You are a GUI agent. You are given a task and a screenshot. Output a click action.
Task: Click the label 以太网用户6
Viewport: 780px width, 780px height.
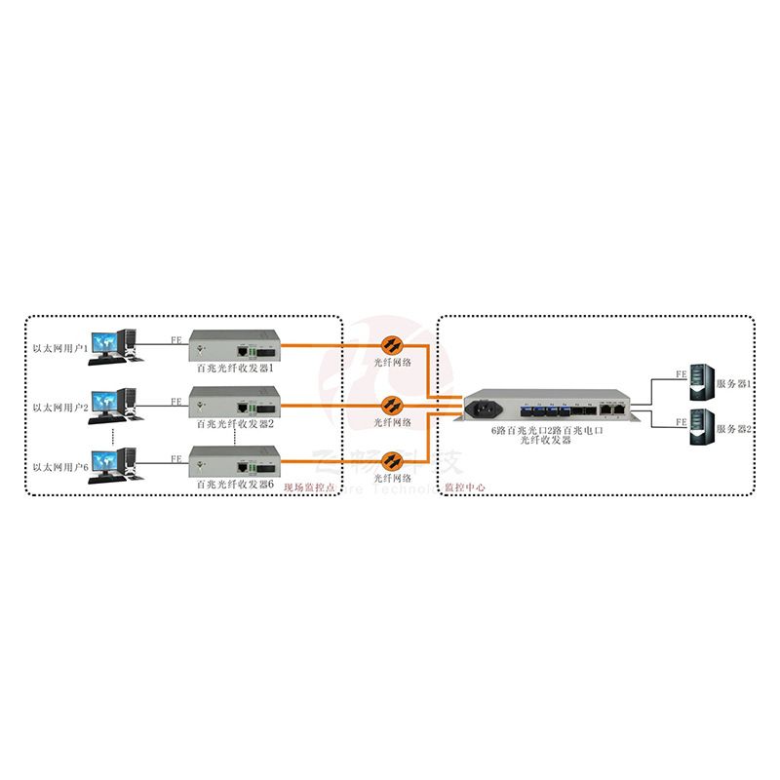60,467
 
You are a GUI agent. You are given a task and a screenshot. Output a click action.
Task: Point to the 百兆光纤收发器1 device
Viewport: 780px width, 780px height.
235,348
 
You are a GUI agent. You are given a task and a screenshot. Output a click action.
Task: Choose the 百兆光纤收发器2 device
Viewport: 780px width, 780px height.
235,404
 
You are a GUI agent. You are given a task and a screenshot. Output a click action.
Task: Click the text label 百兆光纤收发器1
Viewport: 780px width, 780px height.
235,369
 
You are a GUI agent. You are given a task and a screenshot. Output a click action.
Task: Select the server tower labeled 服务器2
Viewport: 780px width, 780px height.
700,430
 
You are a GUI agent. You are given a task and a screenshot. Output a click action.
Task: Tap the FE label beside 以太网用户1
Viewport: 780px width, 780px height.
175,341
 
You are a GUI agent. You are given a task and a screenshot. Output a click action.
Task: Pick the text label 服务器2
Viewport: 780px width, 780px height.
734,429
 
